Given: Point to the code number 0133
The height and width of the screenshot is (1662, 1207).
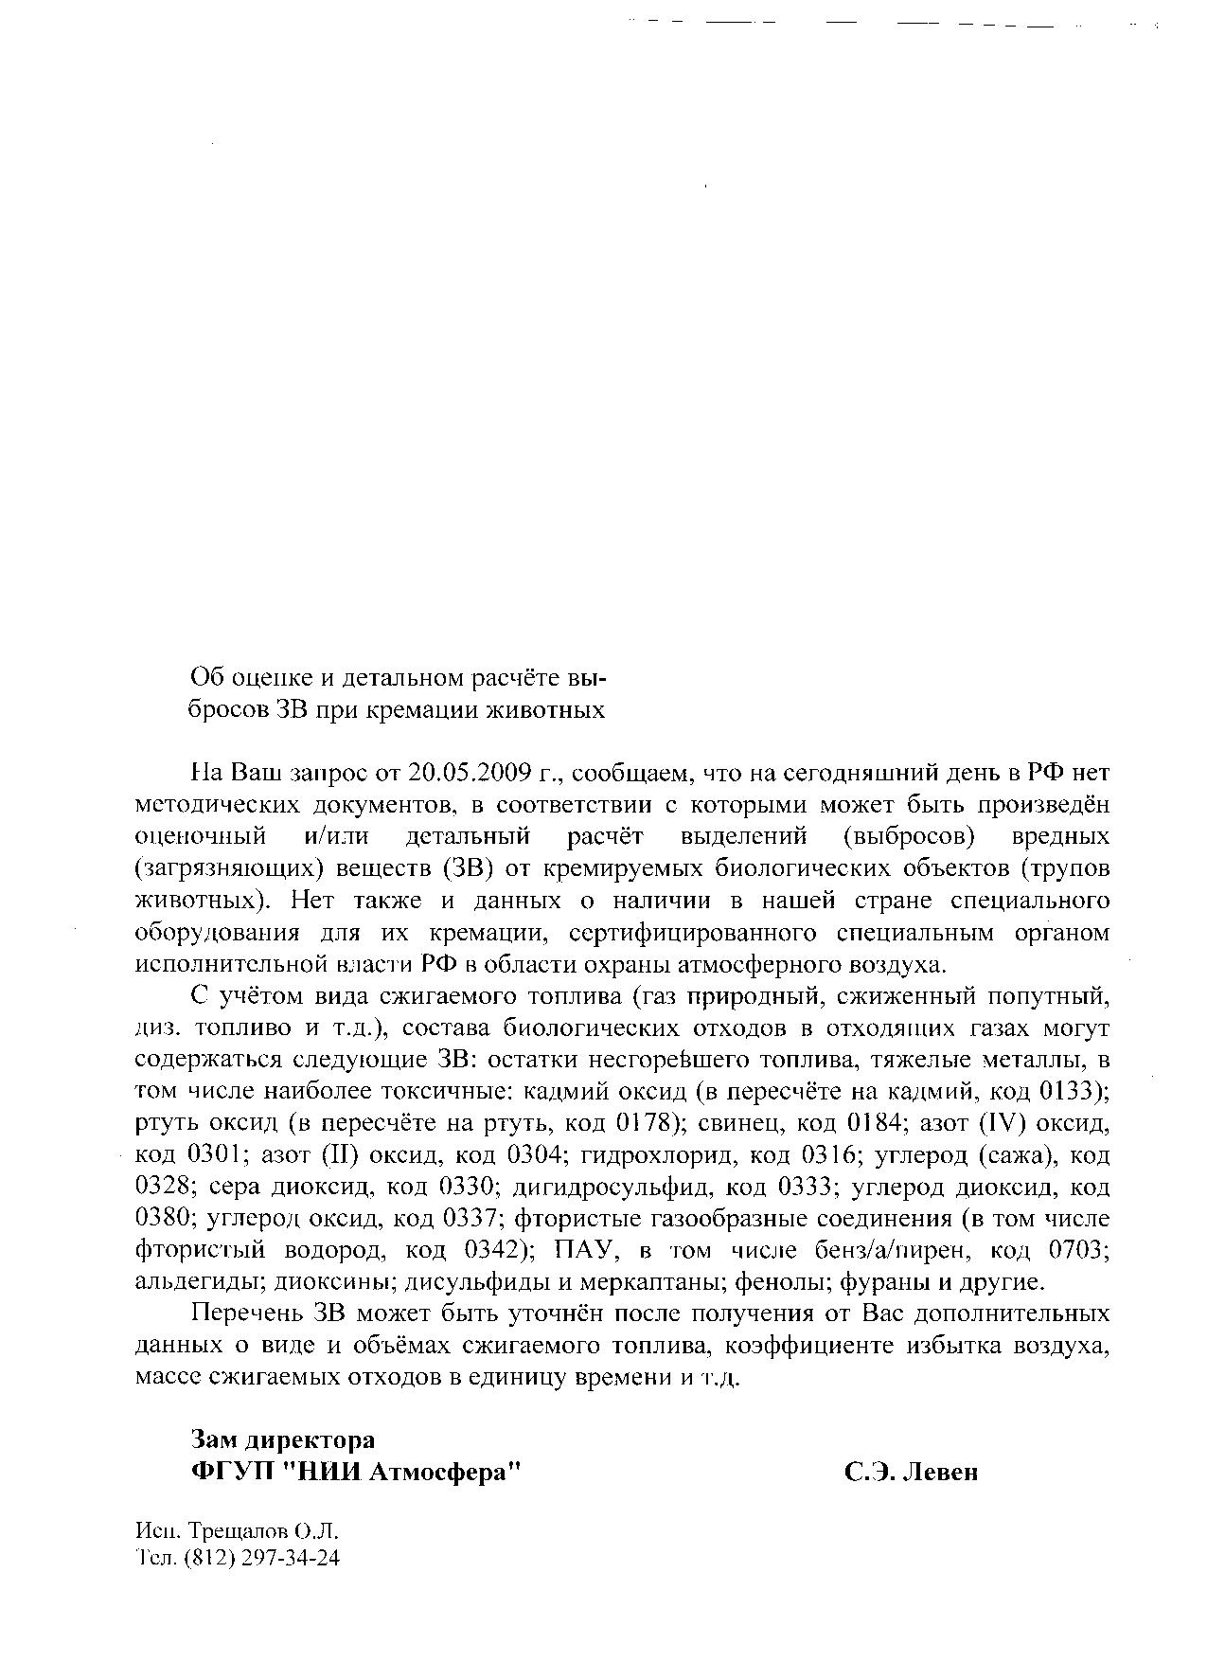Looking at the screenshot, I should (1067, 1091).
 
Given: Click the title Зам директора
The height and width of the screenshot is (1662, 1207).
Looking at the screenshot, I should (283, 1439).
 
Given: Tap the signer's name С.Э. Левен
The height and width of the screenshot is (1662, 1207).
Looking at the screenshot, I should (912, 1473).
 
